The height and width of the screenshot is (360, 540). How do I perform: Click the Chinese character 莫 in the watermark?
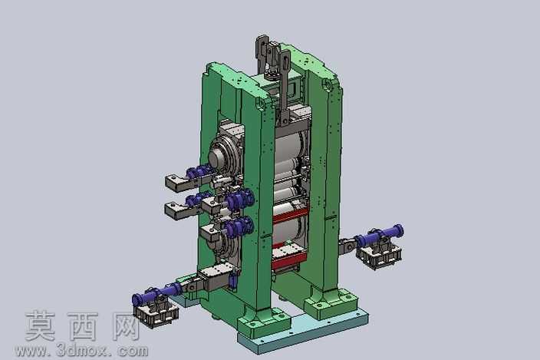(40, 325)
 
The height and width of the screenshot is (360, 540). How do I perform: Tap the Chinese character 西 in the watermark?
(83, 326)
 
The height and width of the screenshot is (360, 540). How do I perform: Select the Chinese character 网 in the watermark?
(125, 326)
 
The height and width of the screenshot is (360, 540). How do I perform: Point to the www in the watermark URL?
(31, 352)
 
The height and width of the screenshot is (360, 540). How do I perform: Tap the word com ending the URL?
(133, 352)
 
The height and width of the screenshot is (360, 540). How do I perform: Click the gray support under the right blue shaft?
(380, 255)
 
